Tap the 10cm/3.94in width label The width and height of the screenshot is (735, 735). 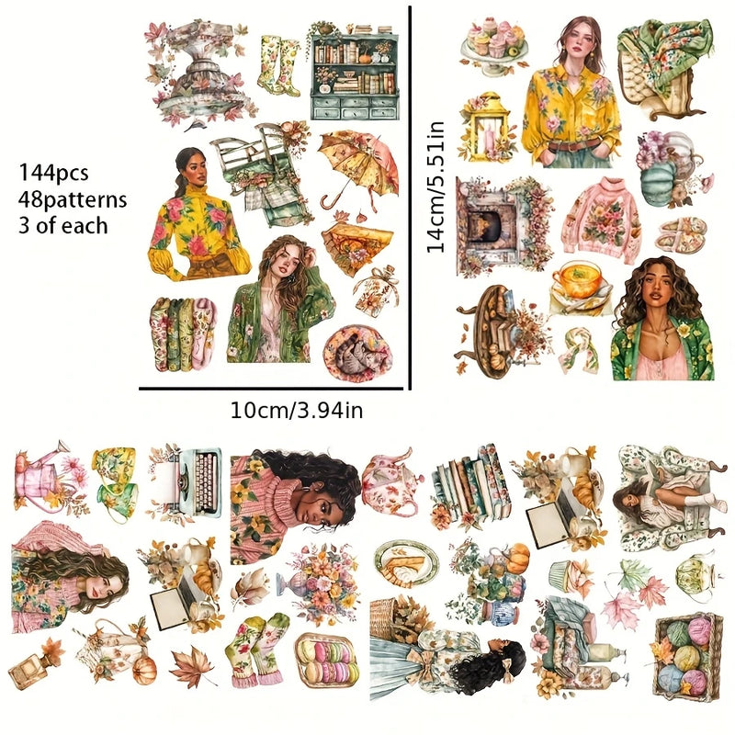(297, 410)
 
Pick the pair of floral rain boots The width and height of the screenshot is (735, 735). (279, 66)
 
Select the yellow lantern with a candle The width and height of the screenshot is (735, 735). (488, 129)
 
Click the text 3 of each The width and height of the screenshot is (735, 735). (62, 225)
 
